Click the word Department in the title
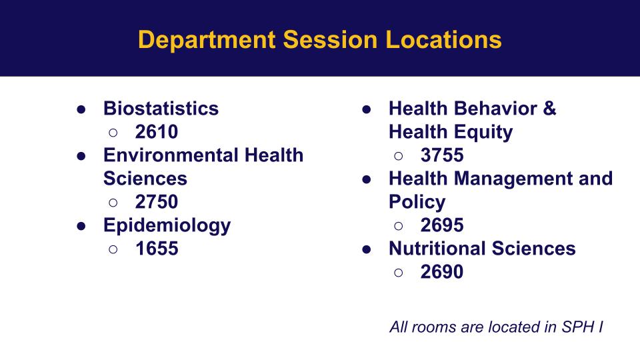[x=207, y=41]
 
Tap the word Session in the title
[x=330, y=39]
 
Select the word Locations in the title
[x=443, y=39]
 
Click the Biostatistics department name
[x=161, y=109]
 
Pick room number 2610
[x=157, y=132]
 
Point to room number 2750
[x=157, y=201]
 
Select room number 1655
[x=157, y=249]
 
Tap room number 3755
[x=442, y=155]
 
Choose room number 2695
[x=442, y=225]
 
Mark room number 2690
[x=442, y=272]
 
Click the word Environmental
[x=171, y=155]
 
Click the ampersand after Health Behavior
[x=549, y=109]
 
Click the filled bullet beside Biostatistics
[x=81, y=109]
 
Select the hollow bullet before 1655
[x=113, y=249]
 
